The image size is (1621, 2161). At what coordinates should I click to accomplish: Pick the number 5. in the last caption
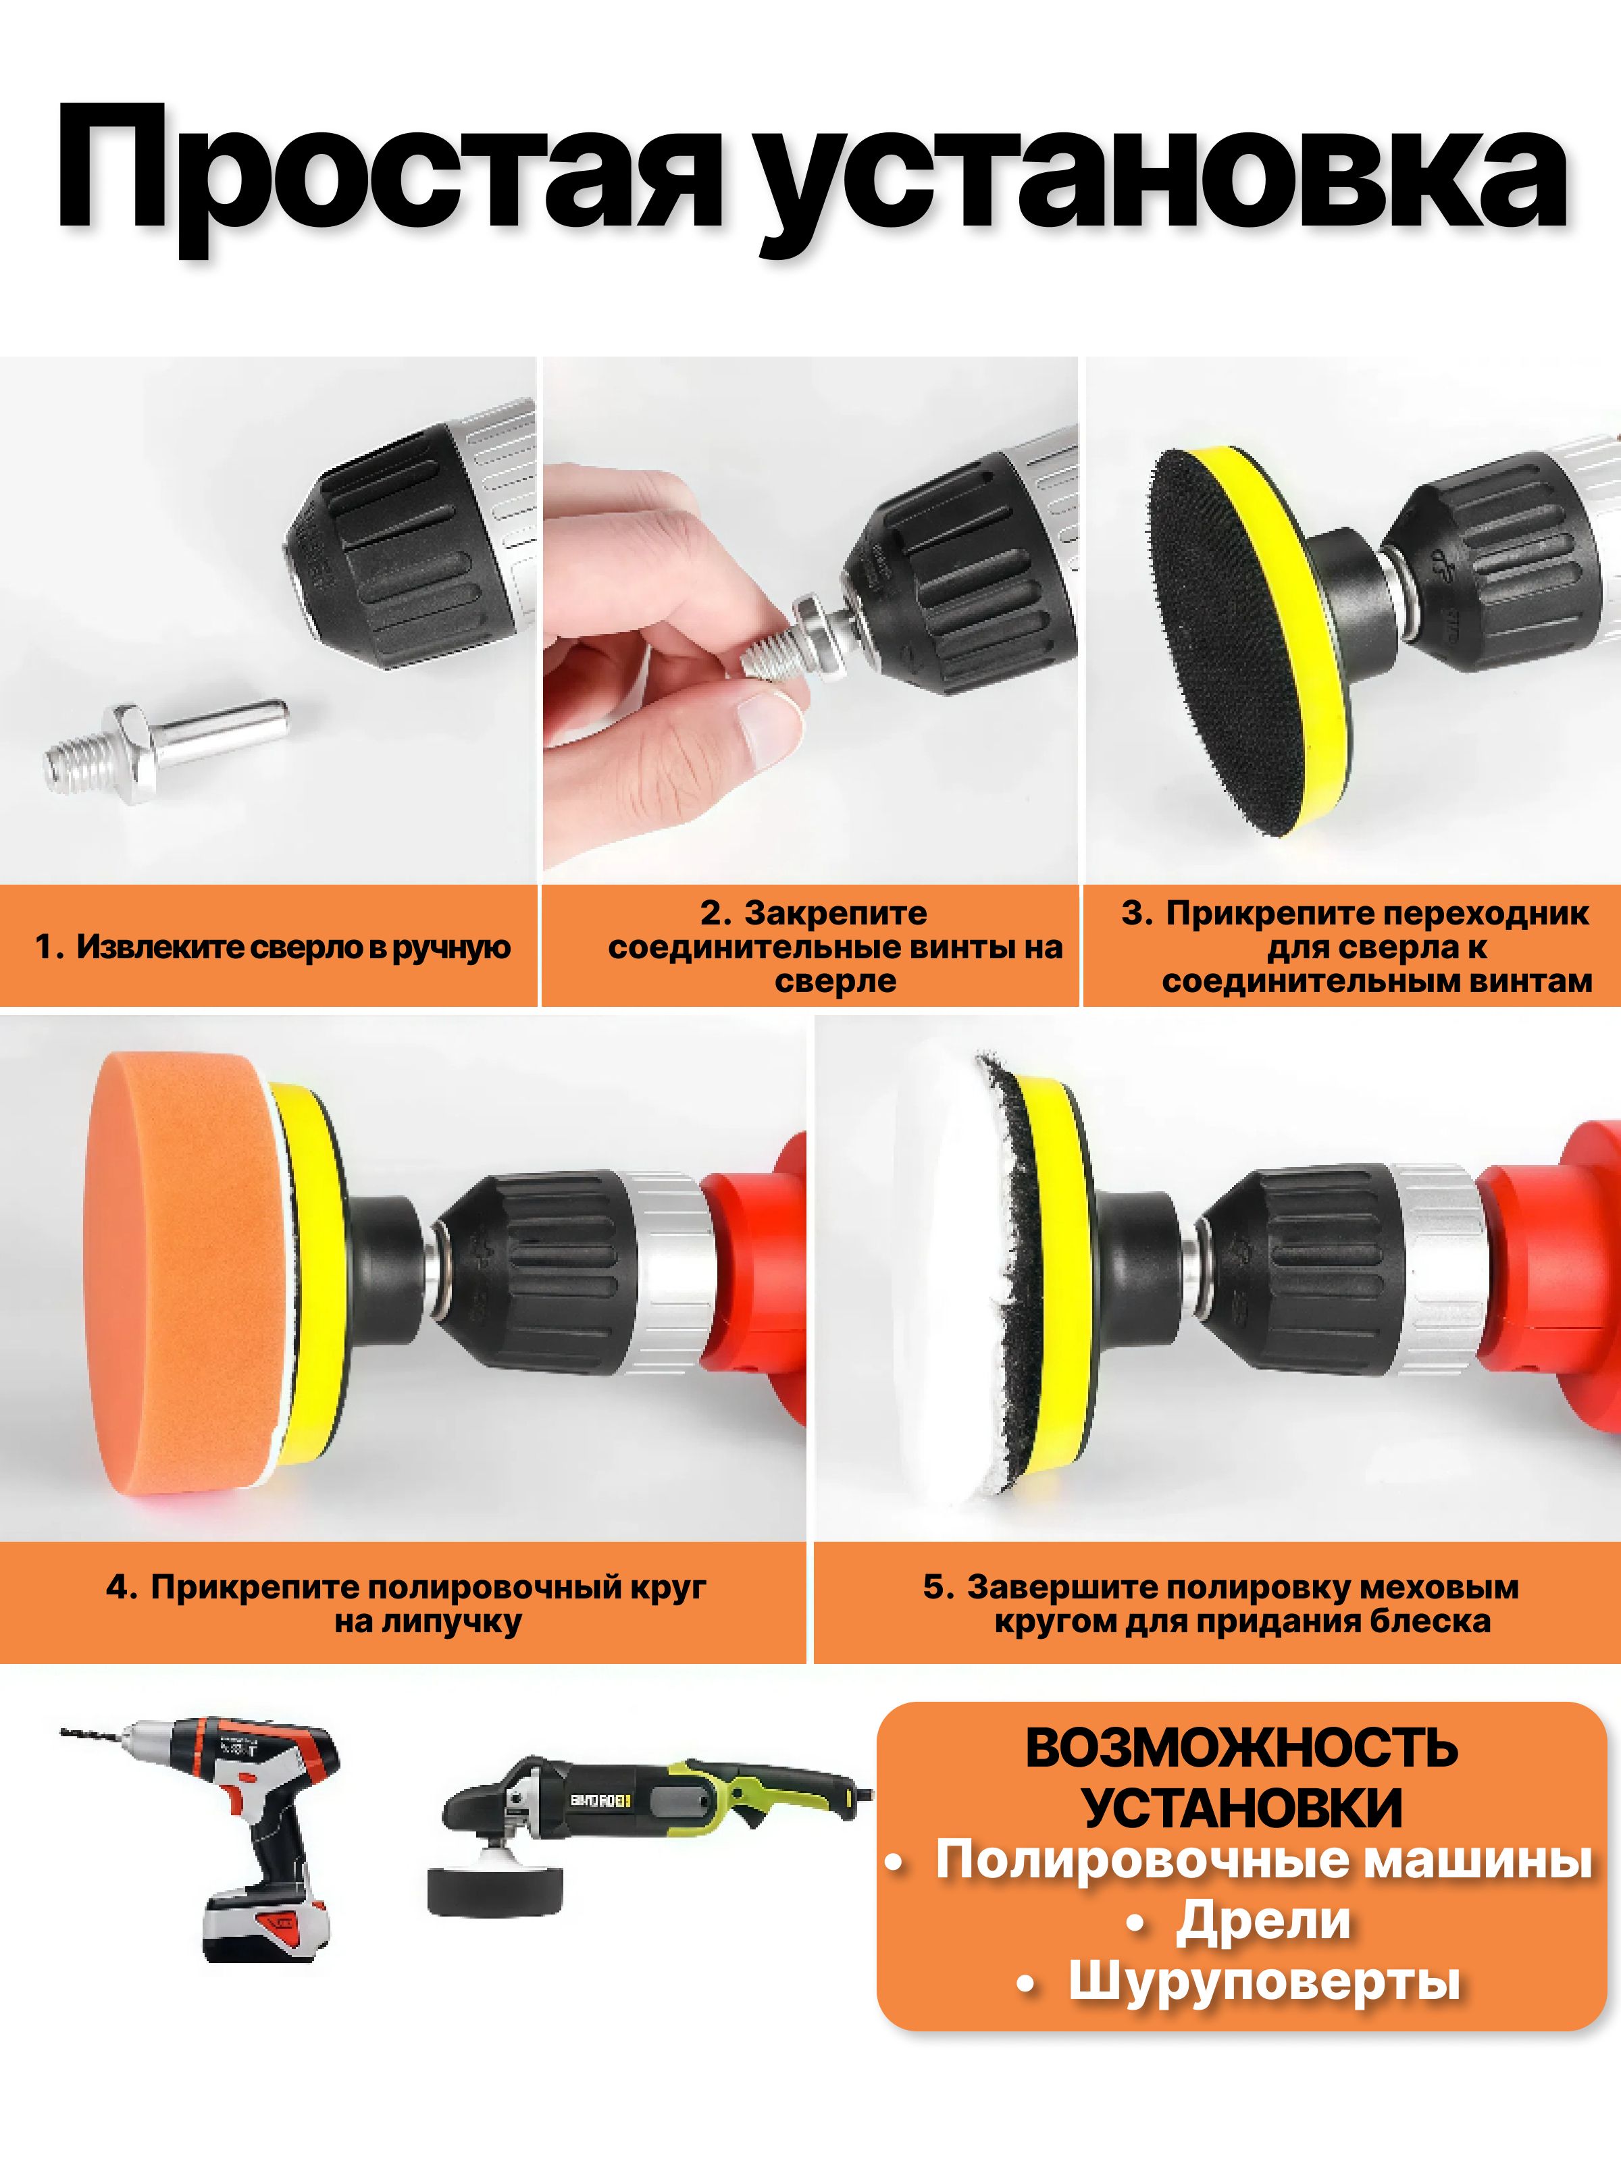click(938, 1588)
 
